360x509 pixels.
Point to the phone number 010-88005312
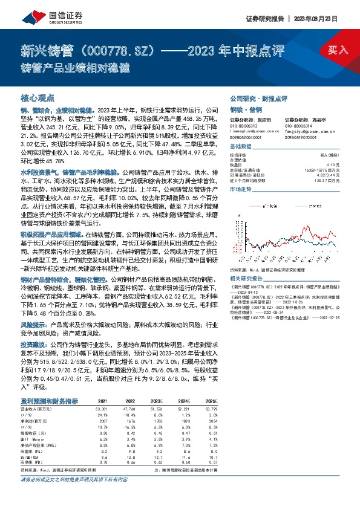(243, 126)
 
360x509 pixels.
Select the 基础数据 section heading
(241, 146)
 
